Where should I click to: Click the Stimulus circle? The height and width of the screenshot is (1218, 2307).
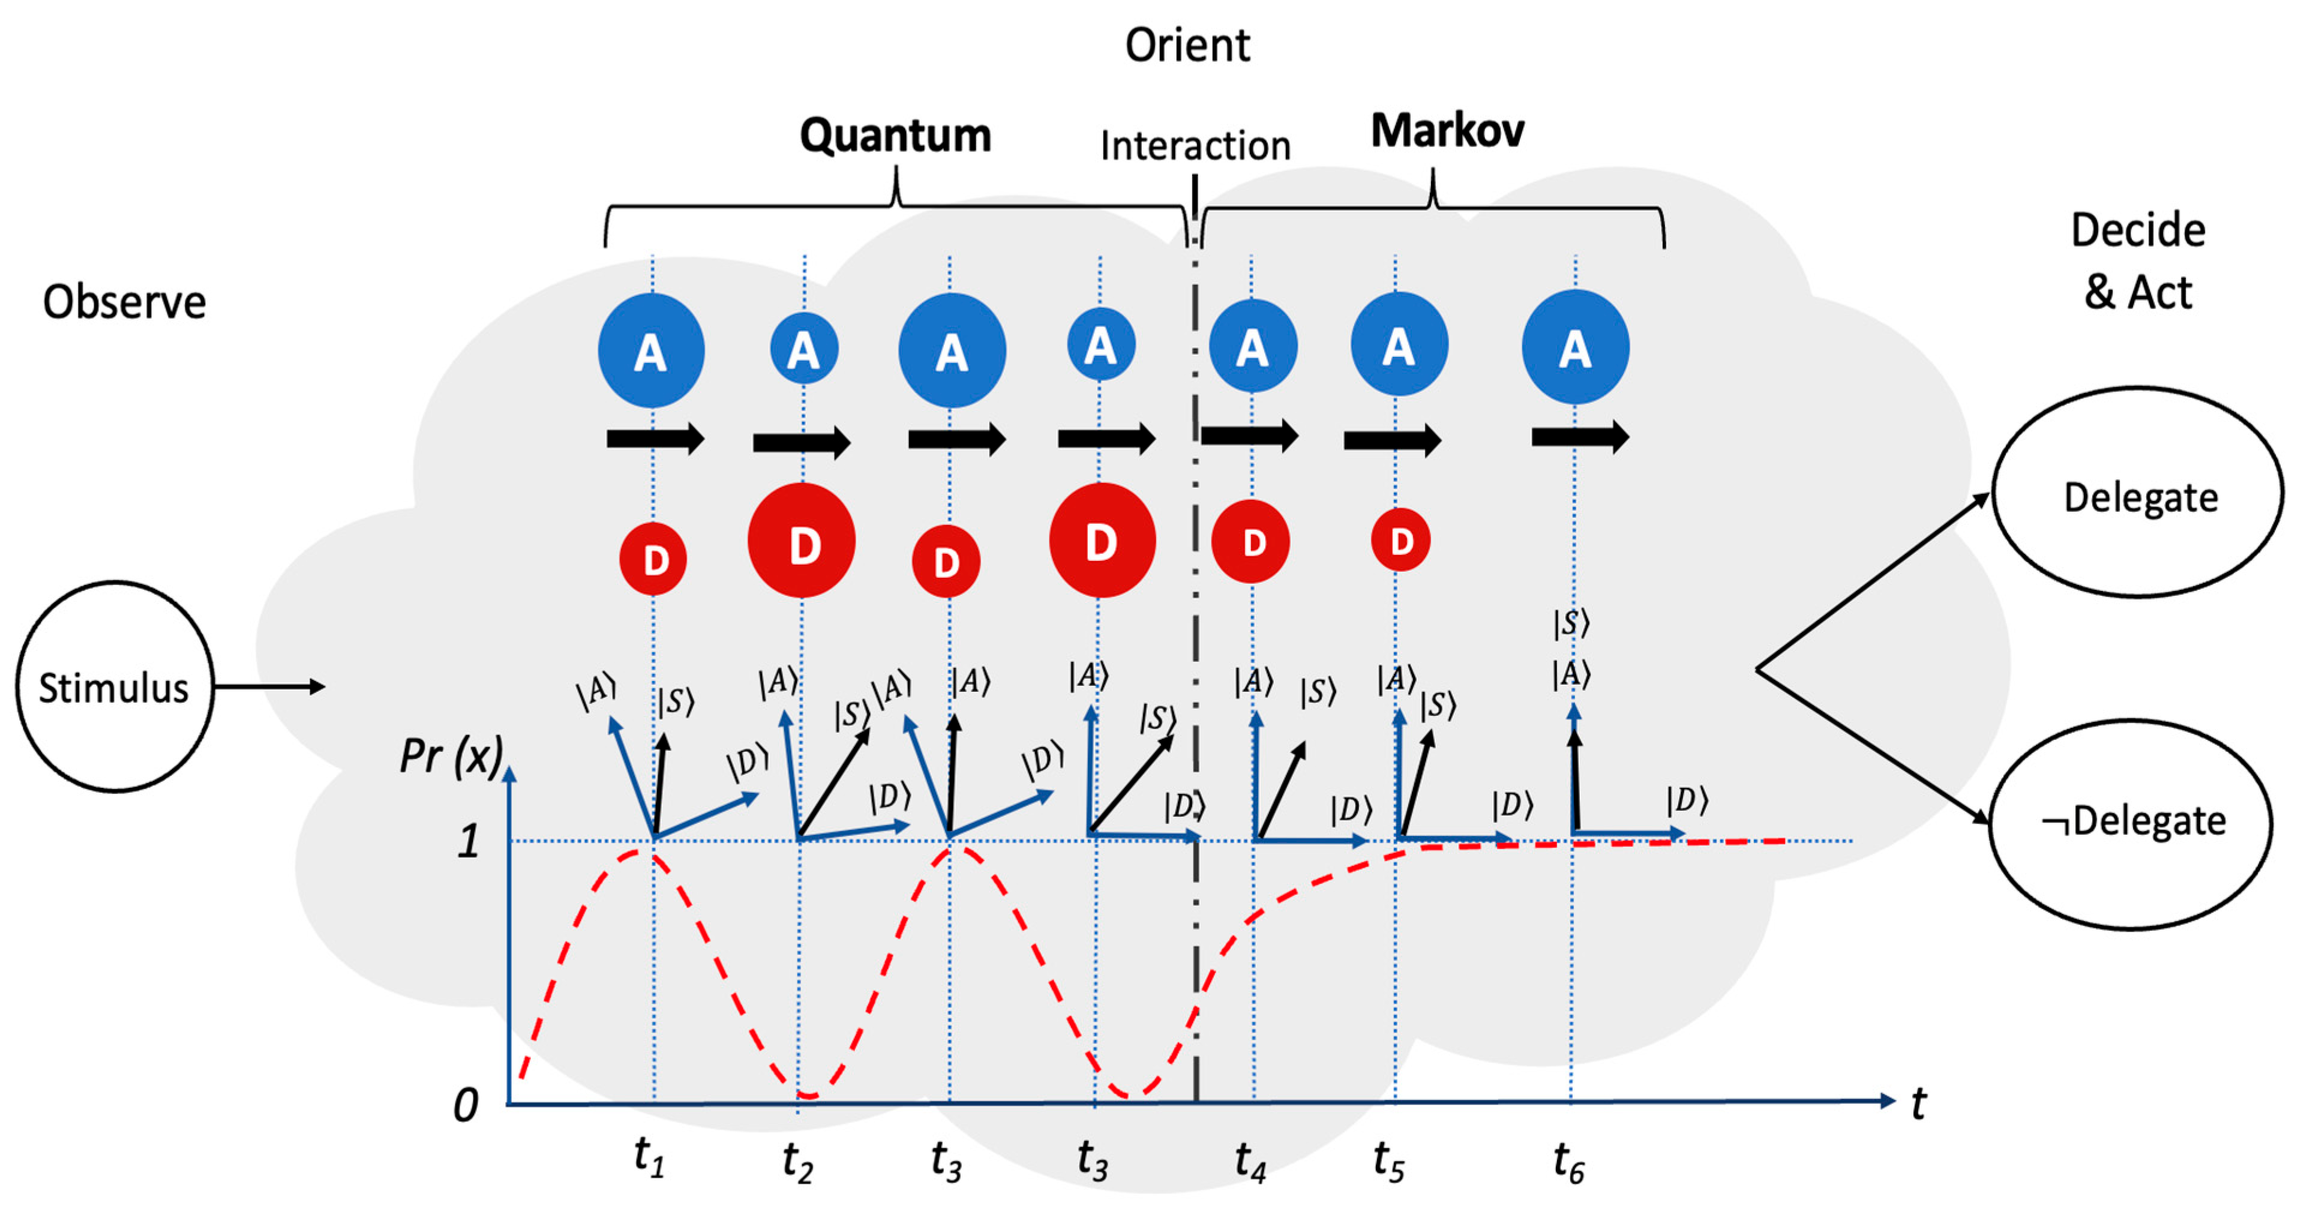[115, 687]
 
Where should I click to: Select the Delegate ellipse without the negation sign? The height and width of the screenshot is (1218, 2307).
[2138, 493]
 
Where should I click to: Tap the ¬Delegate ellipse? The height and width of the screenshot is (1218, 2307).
[2131, 822]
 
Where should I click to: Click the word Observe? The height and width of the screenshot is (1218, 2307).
[124, 302]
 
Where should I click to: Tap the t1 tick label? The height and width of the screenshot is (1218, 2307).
[649, 1157]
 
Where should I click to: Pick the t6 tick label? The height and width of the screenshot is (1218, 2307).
[1568, 1162]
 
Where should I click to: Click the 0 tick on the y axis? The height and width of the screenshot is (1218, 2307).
[466, 1106]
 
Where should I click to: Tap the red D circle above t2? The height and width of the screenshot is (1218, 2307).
[802, 542]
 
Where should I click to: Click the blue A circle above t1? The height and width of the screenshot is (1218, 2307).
[651, 350]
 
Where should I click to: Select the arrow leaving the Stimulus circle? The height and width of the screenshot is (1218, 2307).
[269, 687]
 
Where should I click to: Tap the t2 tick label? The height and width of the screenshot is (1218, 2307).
[797, 1162]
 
